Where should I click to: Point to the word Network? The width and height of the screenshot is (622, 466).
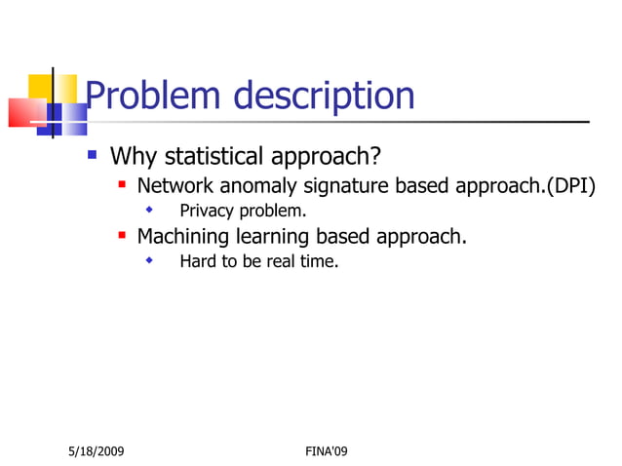pos(175,185)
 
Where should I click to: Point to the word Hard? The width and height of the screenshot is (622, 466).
pos(198,261)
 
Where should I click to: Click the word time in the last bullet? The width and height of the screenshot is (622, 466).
pos(319,261)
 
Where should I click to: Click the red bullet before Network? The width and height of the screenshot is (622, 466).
pos(122,184)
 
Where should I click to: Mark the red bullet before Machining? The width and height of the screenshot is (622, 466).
pos(122,235)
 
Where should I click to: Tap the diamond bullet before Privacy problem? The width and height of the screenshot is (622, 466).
pos(149,210)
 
